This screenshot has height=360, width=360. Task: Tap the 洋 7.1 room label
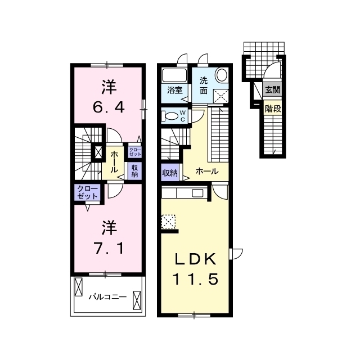(x=109, y=237)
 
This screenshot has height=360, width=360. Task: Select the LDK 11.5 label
(x=195, y=269)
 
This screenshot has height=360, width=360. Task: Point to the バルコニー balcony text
(x=107, y=297)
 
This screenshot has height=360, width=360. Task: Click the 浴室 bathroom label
(x=175, y=90)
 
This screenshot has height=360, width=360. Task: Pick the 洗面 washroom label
(x=204, y=85)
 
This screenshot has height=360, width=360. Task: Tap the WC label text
(x=183, y=116)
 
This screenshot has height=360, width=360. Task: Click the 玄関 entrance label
(x=273, y=90)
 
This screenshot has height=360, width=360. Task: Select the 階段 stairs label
(x=273, y=109)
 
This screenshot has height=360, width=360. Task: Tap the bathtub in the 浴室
(x=174, y=75)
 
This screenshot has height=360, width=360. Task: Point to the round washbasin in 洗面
(x=222, y=75)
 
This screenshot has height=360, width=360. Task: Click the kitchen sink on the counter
(x=197, y=193)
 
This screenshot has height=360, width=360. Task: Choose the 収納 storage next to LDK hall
(x=170, y=173)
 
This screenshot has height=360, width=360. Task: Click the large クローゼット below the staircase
(x=88, y=192)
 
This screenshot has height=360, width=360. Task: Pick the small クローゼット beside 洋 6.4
(x=135, y=152)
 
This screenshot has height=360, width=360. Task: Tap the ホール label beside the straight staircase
(x=207, y=171)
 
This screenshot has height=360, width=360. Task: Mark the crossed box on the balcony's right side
(x=137, y=300)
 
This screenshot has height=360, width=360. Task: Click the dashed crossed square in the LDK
(x=168, y=222)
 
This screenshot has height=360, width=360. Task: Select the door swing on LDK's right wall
(x=236, y=254)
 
